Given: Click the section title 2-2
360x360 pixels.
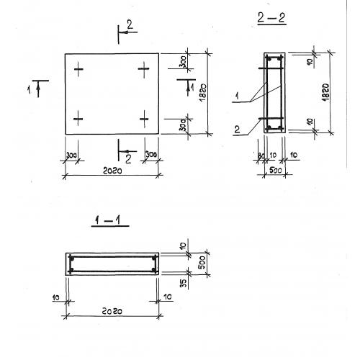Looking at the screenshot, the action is click(x=271, y=18).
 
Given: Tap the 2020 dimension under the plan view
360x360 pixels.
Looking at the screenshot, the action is click(x=112, y=171).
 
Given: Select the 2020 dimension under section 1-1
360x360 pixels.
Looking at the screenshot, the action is click(x=112, y=311).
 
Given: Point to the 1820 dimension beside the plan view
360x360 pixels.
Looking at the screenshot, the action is click(x=203, y=93).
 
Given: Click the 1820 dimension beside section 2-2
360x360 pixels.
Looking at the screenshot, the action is click(x=325, y=92).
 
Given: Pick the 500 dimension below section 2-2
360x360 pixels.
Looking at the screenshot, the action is click(x=275, y=171).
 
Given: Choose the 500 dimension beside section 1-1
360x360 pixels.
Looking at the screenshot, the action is click(x=202, y=263).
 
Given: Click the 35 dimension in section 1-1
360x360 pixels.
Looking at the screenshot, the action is click(x=183, y=283).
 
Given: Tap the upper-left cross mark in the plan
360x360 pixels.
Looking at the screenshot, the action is click(x=78, y=69).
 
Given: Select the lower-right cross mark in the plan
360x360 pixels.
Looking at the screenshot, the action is click(x=144, y=119).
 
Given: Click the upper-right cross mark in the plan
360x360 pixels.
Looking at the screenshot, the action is click(x=144, y=69).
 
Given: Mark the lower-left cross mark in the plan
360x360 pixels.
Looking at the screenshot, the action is click(x=78, y=119).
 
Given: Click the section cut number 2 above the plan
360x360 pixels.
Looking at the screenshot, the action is click(x=130, y=24).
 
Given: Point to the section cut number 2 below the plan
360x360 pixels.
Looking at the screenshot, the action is click(x=128, y=159).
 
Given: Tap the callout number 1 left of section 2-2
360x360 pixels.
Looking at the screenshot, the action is click(x=237, y=96).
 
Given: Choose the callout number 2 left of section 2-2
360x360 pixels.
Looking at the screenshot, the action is click(x=237, y=130).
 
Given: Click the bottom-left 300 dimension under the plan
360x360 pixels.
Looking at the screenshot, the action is click(x=71, y=156).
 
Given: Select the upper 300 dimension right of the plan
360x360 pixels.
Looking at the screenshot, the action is click(x=184, y=61).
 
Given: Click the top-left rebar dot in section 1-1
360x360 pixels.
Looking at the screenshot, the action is click(x=71, y=258).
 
